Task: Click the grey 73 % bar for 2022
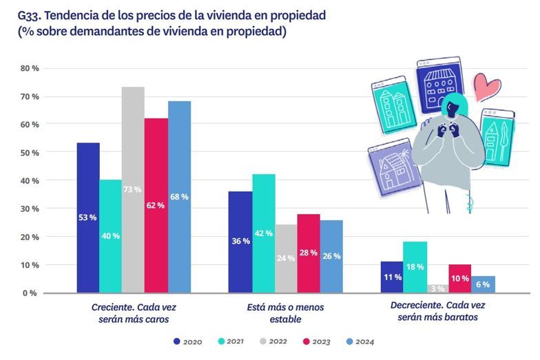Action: [133, 189]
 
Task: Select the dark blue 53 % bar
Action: [87, 217]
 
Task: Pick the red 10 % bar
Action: [460, 278]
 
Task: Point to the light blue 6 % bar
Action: [483, 284]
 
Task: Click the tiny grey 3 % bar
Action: [437, 288]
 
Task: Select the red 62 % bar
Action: [156, 205]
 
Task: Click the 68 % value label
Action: [178, 197]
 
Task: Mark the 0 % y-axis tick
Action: [31, 293]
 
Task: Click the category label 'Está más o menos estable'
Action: [284, 313]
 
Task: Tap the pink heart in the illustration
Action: [489, 89]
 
